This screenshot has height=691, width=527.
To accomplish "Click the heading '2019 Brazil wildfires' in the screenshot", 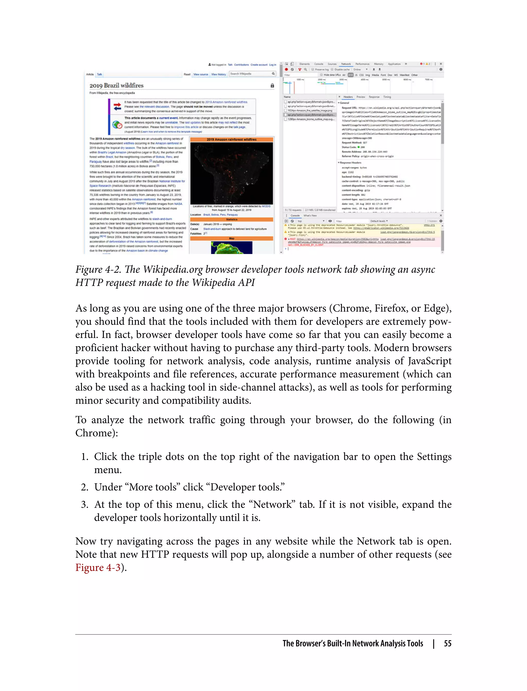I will pos(116,86).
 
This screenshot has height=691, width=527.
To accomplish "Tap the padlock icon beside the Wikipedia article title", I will pos(272,86).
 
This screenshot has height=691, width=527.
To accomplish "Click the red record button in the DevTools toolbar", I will pos(286,70).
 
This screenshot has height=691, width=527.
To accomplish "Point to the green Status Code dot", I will pos(358,147).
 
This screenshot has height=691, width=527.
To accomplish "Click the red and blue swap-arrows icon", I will pos(117,106).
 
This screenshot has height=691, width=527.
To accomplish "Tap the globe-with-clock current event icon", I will pos(117,125).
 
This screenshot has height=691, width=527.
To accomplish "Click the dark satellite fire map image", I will pos(232,173).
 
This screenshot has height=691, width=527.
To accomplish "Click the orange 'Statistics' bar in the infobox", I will pos(232,219).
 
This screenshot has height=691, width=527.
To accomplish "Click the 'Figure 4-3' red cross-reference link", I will pos(98,568).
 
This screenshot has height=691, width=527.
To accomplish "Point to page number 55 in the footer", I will pos(447,643).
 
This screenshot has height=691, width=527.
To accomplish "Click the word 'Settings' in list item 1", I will pos(434,457).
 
